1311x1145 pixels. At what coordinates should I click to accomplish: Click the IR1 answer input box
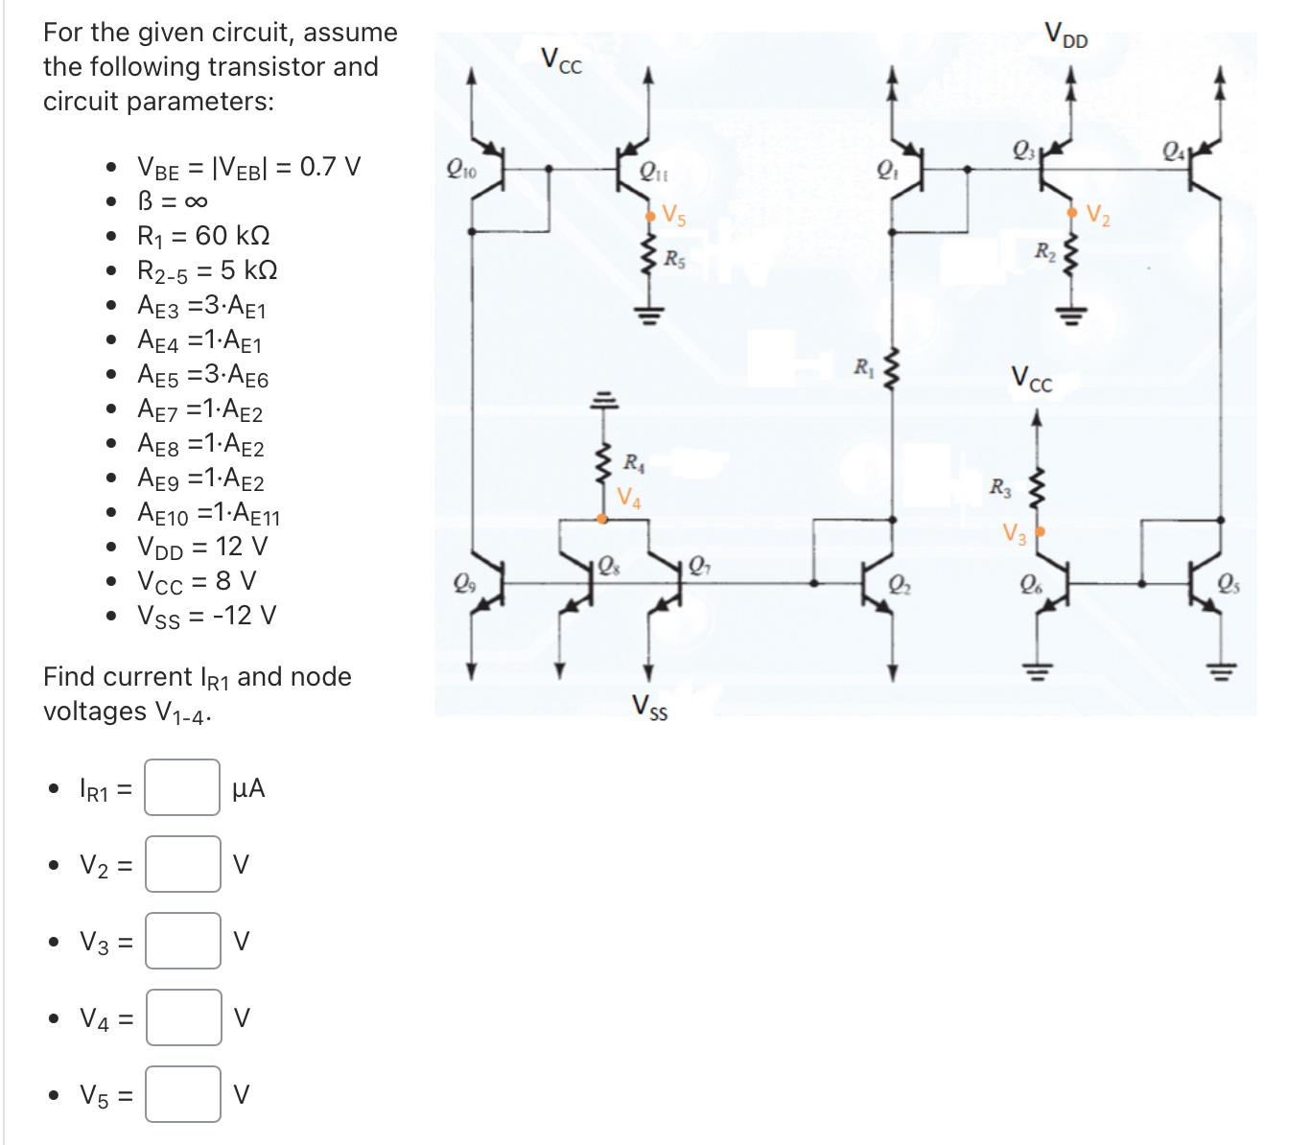click(182, 787)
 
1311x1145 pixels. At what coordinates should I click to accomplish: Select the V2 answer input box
click(182, 864)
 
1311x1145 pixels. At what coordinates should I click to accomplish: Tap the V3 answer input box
click(182, 941)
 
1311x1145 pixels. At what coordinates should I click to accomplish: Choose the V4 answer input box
click(182, 1017)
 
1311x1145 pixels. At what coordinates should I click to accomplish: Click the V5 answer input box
click(182, 1094)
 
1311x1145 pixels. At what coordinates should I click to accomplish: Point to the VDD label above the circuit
click(1066, 40)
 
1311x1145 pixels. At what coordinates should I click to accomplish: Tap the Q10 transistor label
click(460, 172)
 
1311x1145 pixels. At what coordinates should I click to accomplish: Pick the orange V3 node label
click(1015, 533)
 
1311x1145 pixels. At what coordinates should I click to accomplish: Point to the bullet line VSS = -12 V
click(207, 615)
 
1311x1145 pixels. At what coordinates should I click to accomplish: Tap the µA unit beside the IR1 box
click(248, 788)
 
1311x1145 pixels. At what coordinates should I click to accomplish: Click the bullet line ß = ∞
click(173, 201)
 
